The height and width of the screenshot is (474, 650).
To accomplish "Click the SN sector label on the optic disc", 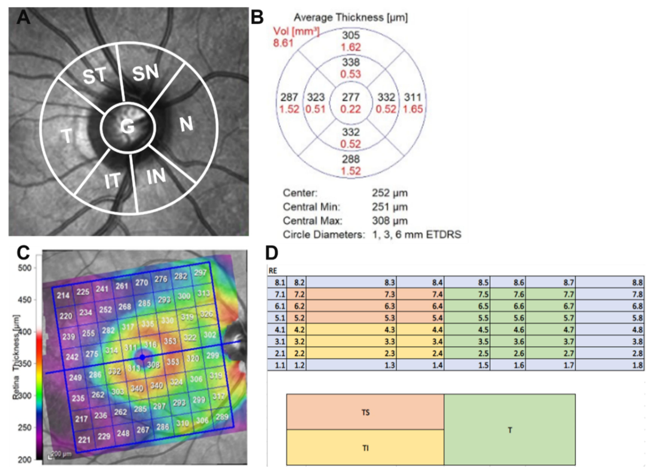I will pos(145,72).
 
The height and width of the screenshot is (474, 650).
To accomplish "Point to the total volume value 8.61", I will pos(283,43).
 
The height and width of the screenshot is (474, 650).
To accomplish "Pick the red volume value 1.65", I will pos(413,109).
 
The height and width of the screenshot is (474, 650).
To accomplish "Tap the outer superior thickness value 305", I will pos(351,35).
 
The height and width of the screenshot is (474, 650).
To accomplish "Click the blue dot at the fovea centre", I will pos(142,357).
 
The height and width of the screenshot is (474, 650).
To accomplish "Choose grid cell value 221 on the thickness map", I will pos(84,440).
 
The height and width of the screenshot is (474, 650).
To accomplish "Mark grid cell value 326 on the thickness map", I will pos(206,314).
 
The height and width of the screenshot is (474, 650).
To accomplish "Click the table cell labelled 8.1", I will pos(277,283).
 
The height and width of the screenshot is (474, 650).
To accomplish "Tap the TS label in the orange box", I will pos(365,413).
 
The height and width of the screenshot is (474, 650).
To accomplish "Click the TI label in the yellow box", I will pos(365,448).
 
